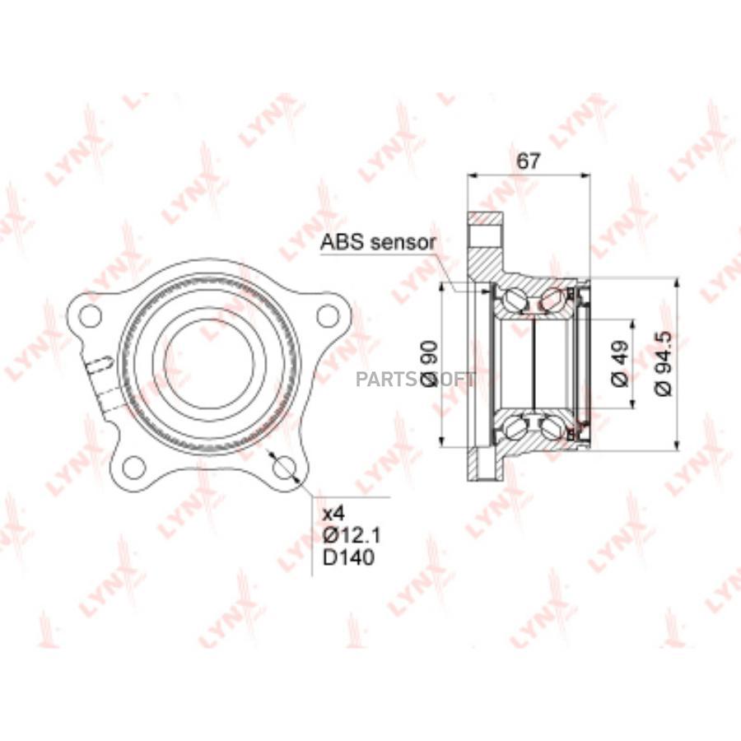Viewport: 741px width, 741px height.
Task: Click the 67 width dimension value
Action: click(x=528, y=161)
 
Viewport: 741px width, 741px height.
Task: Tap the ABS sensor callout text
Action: click(x=377, y=242)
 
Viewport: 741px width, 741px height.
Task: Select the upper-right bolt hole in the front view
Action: click(x=328, y=315)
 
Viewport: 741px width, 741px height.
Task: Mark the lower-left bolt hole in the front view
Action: click(x=133, y=468)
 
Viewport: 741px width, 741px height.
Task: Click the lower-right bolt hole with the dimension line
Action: click(x=285, y=468)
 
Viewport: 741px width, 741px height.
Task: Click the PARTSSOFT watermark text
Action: click(x=414, y=380)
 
